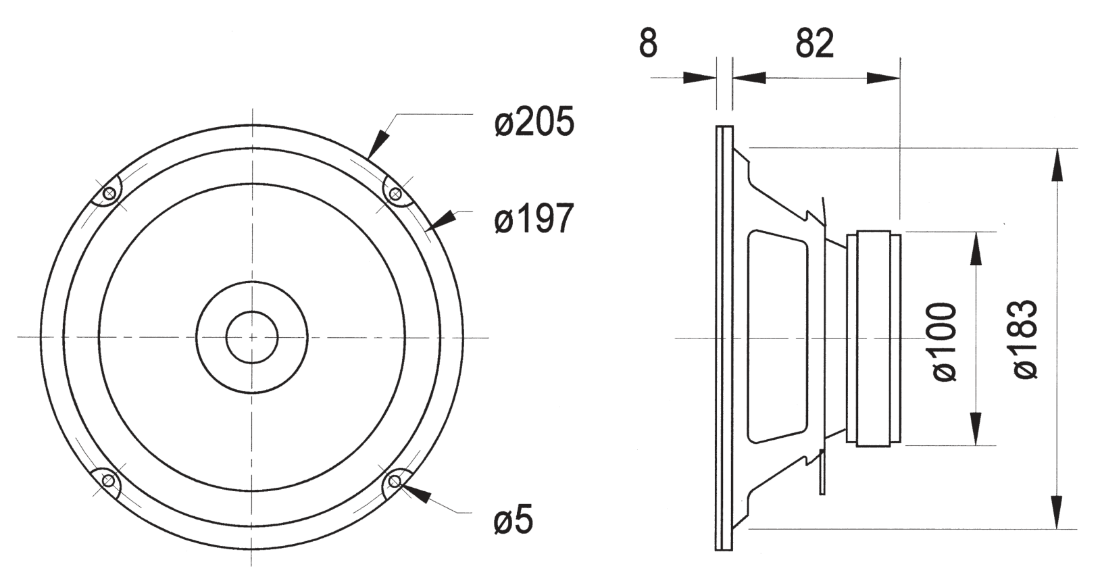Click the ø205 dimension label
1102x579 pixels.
click(534, 121)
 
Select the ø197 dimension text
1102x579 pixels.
click(534, 218)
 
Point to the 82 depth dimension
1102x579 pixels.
click(815, 43)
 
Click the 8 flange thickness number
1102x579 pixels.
click(648, 43)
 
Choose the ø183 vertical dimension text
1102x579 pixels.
click(1026, 339)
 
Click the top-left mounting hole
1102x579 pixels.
click(109, 194)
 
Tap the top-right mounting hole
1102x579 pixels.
click(395, 195)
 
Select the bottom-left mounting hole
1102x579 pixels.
click(108, 480)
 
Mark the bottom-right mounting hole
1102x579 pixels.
click(394, 480)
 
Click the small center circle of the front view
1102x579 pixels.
click(252, 337)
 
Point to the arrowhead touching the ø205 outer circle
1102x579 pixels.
click(378, 143)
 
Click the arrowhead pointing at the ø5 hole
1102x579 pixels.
click(416, 493)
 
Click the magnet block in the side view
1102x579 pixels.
click(873, 338)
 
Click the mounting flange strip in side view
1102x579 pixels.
click(724, 338)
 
